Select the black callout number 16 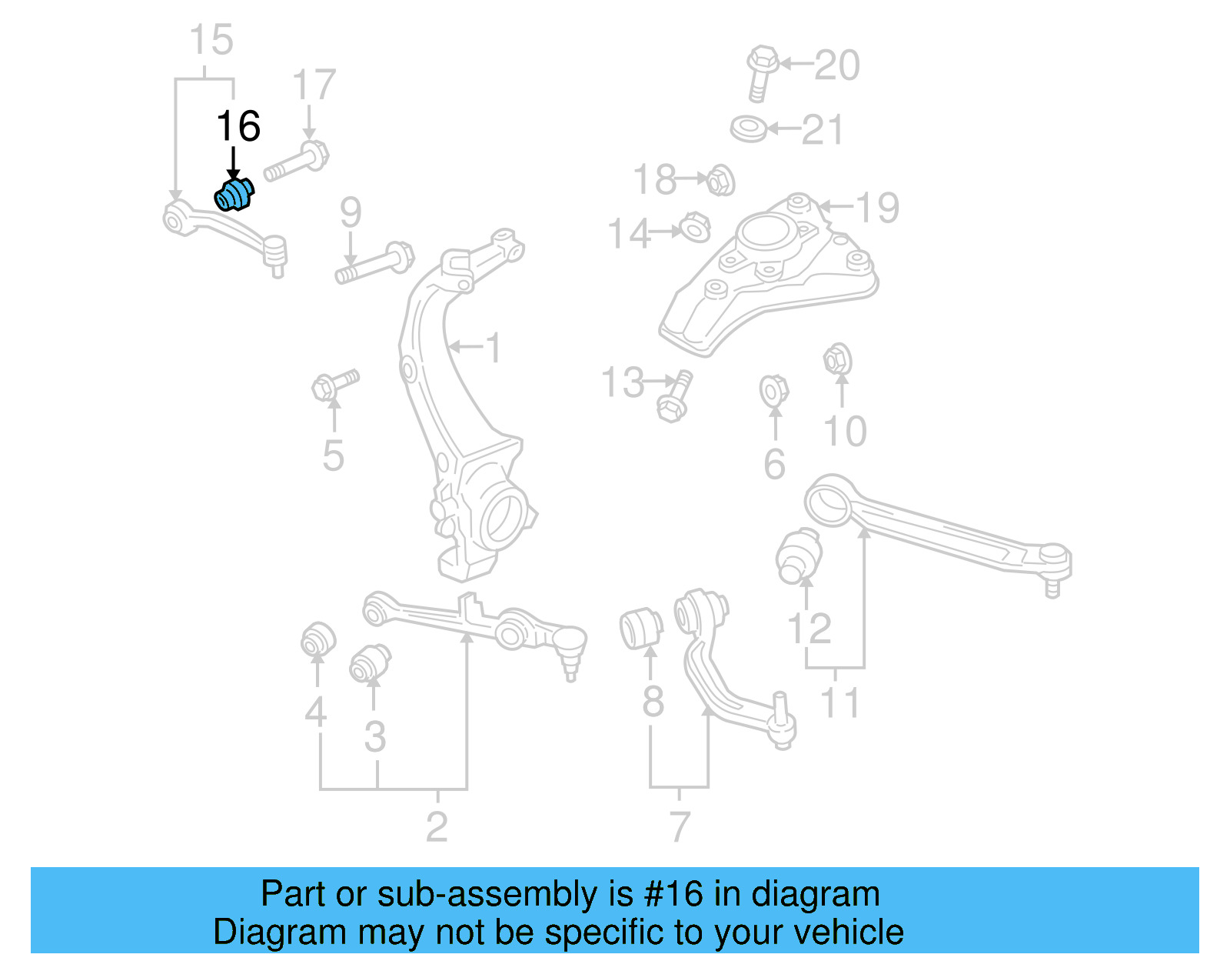tap(238, 126)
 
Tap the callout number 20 tap(836, 65)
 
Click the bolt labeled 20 tap(761, 72)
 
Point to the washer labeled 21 tap(749, 128)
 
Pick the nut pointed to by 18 tap(720, 181)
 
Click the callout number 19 tap(877, 208)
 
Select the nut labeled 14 tap(694, 228)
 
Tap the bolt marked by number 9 tap(375, 263)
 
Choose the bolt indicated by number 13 tap(674, 397)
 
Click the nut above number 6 tap(773, 391)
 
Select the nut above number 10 tap(837, 359)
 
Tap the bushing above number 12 tap(799, 555)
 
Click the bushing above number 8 tap(641, 628)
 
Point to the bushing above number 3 tap(371, 663)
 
